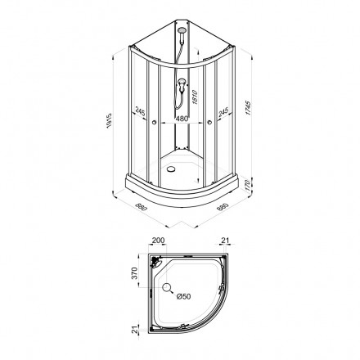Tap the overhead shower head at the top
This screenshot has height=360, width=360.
tap(181, 35)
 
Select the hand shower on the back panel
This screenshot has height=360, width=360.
tap(178, 85)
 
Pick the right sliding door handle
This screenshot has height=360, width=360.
tap(210, 124)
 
